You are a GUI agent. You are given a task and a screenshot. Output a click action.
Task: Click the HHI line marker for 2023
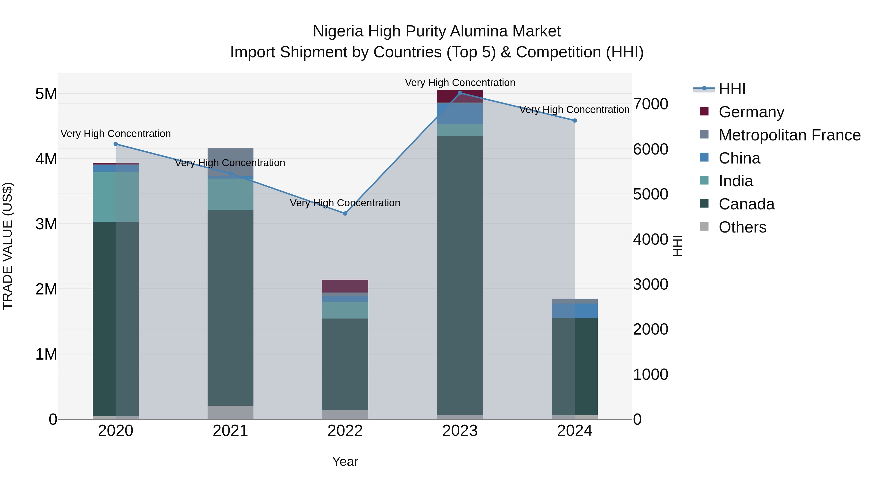tap(460, 93)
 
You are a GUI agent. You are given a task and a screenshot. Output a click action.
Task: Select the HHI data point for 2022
tap(345, 214)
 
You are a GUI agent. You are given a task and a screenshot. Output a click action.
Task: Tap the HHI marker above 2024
tap(574, 121)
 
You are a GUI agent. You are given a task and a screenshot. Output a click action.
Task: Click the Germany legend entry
tap(751, 112)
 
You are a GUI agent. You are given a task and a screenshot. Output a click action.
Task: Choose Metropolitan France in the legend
tap(789, 135)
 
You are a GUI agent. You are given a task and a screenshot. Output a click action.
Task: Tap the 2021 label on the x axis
tap(230, 431)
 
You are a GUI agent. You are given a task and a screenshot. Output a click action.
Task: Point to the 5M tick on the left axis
tap(46, 94)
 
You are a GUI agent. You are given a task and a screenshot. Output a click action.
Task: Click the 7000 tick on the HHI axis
tap(650, 104)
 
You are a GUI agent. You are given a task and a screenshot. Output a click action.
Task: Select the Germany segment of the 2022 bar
tap(345, 286)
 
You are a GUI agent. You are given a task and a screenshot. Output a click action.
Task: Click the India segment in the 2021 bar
tap(230, 194)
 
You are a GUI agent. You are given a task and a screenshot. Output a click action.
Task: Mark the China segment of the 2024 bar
tap(574, 311)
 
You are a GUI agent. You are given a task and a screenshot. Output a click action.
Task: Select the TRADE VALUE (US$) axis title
tap(8, 246)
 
